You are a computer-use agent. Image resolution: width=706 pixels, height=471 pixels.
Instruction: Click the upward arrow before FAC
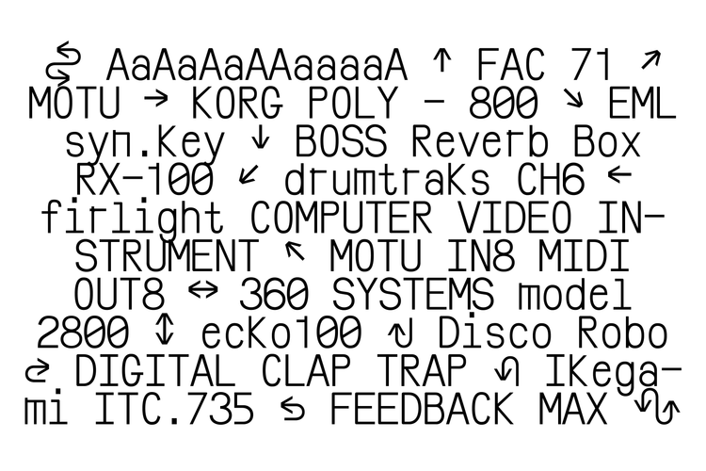click(x=442, y=64)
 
